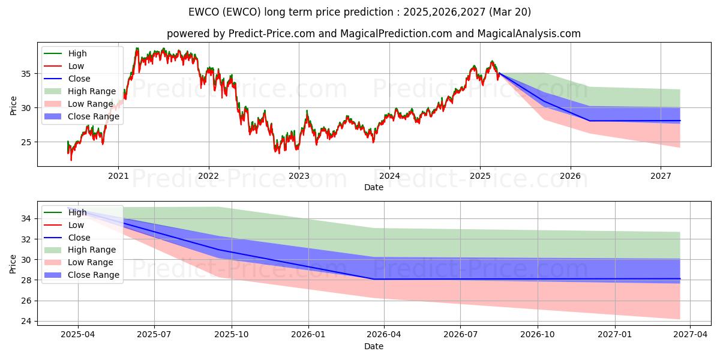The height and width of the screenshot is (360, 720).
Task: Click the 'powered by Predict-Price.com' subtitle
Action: click(373, 34)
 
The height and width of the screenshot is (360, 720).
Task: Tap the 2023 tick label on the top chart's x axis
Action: click(299, 176)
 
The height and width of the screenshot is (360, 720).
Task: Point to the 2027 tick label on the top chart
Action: click(661, 176)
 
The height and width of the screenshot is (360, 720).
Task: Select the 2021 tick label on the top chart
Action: click(118, 176)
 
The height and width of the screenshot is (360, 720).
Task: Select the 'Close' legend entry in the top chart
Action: click(79, 79)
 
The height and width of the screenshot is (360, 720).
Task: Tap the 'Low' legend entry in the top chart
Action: click(76, 66)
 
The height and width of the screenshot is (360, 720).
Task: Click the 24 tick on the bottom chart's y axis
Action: click(27, 321)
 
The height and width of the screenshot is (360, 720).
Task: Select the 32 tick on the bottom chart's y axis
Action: click(27, 239)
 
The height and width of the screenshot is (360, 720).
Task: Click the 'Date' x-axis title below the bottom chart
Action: click(373, 347)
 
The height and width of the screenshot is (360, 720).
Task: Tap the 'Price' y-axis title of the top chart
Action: click(13, 106)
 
